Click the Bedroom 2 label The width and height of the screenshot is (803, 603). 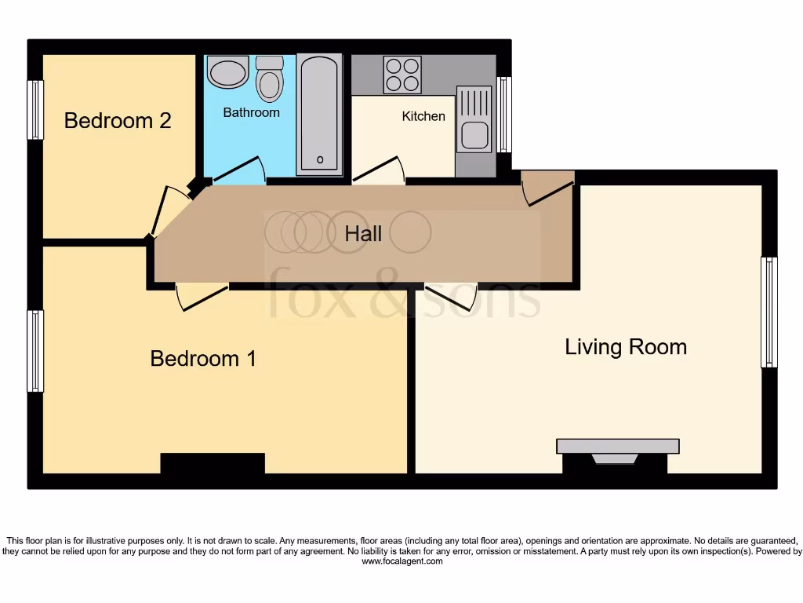[x=118, y=121]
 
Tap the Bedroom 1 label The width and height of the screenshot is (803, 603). [x=203, y=359]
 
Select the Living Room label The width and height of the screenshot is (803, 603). [x=626, y=347]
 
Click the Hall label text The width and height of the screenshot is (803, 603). [x=364, y=233]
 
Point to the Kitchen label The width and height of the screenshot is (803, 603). [x=423, y=116]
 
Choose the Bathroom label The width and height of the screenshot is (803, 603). [x=251, y=112]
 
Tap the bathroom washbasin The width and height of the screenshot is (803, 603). [x=227, y=71]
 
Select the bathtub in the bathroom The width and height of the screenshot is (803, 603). [x=319, y=114]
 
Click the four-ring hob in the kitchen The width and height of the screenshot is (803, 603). [x=402, y=75]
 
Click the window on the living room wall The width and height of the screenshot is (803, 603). [x=769, y=312]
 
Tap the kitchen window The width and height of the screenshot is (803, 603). [x=504, y=114]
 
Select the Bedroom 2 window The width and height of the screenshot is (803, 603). [x=35, y=110]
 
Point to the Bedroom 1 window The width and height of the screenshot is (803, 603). [x=35, y=351]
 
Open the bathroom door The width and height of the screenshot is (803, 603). [x=239, y=172]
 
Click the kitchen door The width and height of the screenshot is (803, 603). [x=379, y=170]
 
